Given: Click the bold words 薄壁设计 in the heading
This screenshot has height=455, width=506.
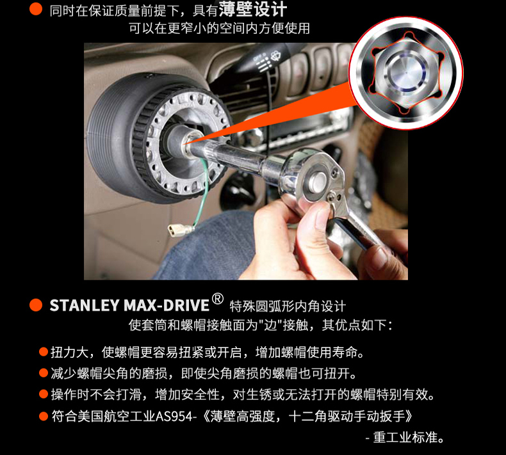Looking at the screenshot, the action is pos(252,9).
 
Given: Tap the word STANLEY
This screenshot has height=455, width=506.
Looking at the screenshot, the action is pos(85,305).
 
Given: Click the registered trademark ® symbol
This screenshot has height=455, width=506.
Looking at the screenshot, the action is pos(218,299).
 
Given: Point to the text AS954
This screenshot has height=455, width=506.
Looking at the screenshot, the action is pos(174,417).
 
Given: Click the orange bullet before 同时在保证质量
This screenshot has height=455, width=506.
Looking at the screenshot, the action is pos(36,9).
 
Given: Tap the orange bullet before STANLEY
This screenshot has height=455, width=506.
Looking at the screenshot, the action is pos(36,305).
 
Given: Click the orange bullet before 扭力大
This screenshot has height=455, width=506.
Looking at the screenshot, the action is pos(44,352).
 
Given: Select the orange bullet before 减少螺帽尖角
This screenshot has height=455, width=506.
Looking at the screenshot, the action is pos(44,373).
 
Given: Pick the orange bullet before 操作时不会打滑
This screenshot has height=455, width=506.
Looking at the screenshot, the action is pos(44,394).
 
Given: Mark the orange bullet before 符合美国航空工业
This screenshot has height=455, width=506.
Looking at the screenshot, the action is pos(44,416).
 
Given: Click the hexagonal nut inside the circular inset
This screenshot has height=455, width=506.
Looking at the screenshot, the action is pos(406,73).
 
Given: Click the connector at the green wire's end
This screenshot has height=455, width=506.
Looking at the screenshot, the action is pos(180,230).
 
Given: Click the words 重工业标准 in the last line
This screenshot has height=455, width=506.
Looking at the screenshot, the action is pos(405,438).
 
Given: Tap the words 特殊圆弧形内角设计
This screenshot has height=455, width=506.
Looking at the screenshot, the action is pos(288,306).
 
